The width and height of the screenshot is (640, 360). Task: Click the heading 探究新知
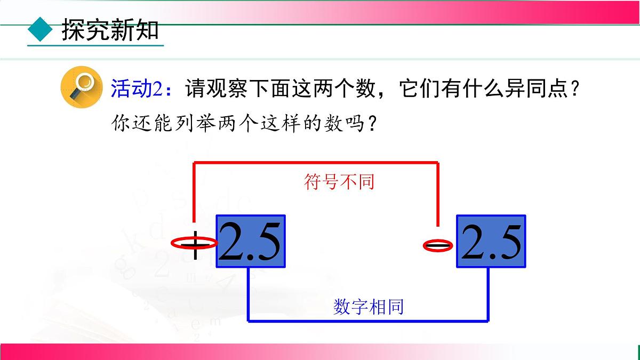pos(110,30)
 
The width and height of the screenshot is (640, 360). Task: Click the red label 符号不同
pos(339,182)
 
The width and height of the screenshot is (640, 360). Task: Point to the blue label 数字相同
pos(369,307)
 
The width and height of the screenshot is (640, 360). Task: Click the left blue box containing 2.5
pos(251,241)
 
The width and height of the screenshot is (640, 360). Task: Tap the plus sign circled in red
pos(195,244)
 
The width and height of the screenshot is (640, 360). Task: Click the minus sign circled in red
pos(438,246)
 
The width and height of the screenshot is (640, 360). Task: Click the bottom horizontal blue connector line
pos(368,321)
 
